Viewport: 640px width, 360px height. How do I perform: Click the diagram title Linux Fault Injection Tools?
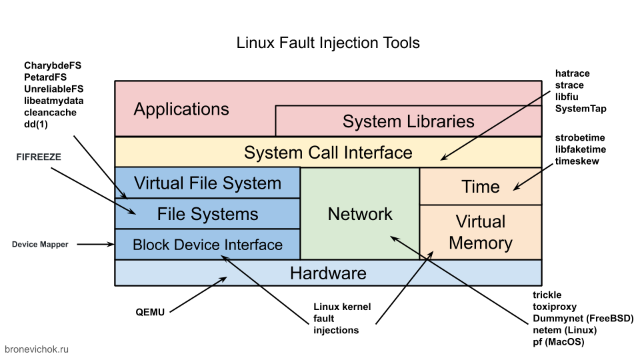point(328,43)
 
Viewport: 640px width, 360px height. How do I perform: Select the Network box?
point(360,214)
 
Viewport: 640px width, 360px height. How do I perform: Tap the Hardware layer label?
point(328,273)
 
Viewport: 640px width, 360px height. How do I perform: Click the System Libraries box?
point(408,121)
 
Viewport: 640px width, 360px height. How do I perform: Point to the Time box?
point(480,187)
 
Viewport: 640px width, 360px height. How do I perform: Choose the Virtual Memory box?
point(480,232)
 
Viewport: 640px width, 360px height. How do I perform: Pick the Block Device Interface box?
point(207,245)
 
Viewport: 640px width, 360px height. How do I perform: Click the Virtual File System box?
point(207,183)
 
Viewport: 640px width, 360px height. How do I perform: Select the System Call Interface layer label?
point(328,152)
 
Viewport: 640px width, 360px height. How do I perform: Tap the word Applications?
point(181,109)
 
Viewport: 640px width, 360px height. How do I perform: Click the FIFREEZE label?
point(39,157)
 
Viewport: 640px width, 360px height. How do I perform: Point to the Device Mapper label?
point(40,245)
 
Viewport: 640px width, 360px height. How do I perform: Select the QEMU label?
point(151,311)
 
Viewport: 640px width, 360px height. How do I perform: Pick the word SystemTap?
point(581,109)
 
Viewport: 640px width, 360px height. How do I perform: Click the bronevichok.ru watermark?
point(37,349)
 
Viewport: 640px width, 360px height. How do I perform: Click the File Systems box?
point(207,214)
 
